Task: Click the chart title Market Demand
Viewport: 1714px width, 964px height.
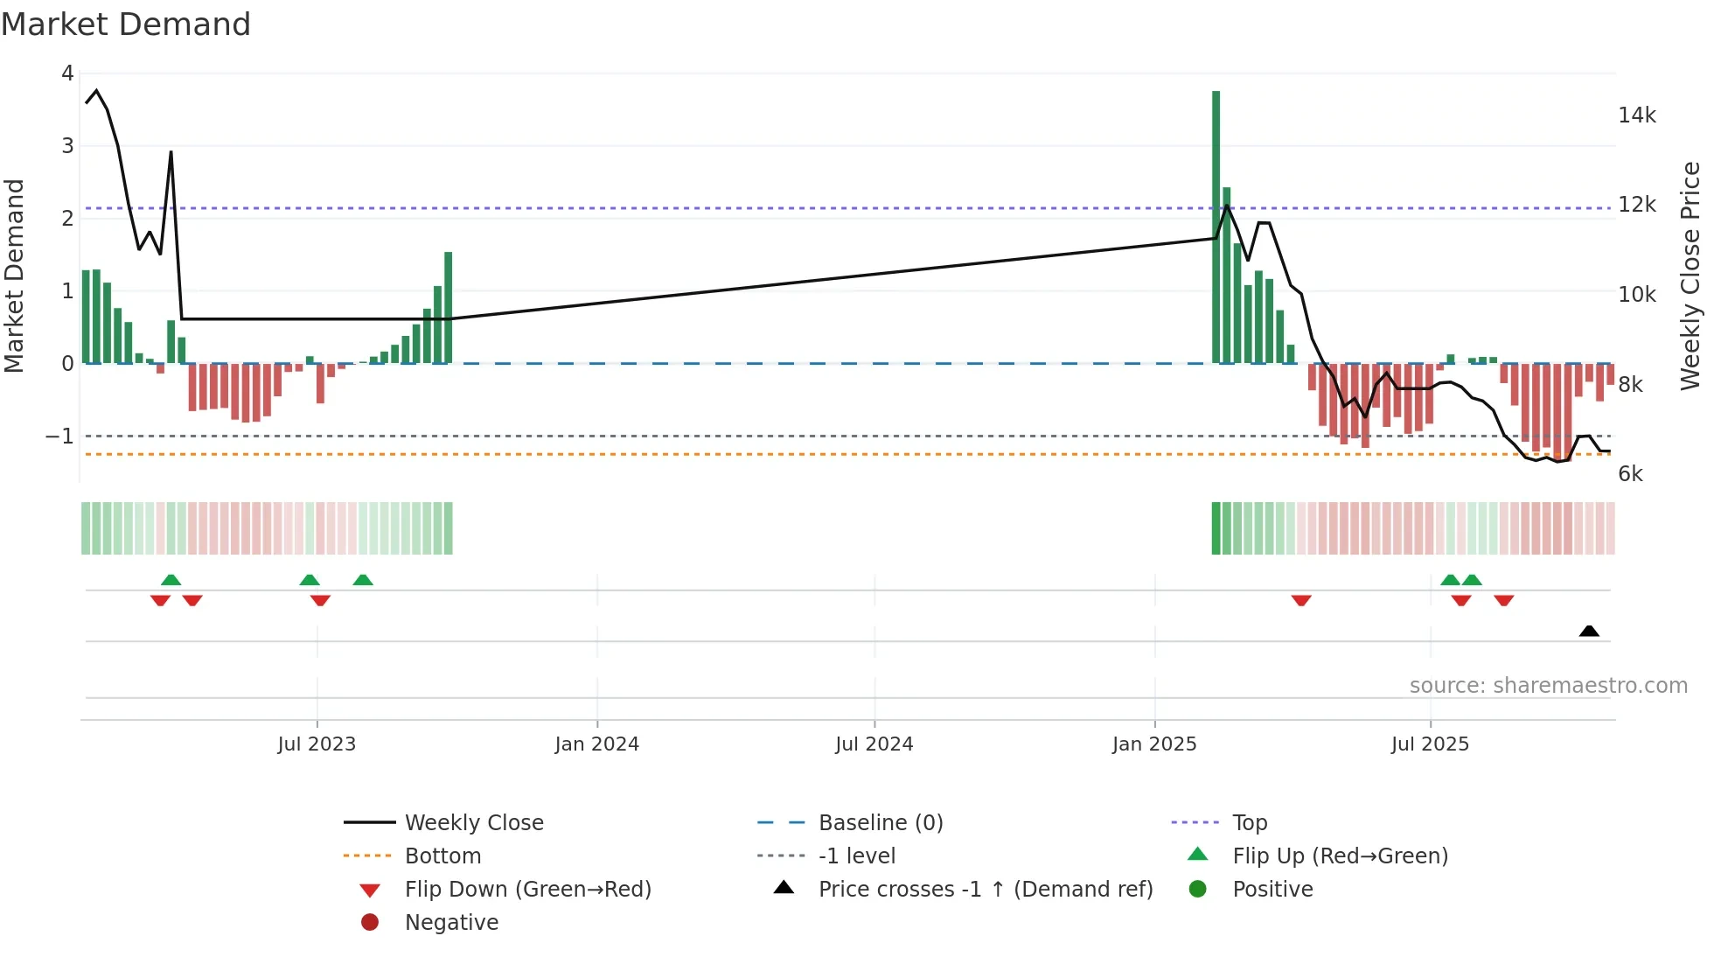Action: click(126, 24)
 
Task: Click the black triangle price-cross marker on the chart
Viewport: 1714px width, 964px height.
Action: click(1589, 631)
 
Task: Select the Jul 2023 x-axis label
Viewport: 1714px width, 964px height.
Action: click(317, 744)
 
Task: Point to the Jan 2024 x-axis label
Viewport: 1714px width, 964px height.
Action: click(597, 744)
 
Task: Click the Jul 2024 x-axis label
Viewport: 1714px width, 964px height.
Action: click(874, 744)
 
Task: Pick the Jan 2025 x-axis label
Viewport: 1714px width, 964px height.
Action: click(1154, 744)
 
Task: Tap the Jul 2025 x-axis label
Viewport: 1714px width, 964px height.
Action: click(1430, 744)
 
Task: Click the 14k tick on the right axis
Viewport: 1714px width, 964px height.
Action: click(1637, 115)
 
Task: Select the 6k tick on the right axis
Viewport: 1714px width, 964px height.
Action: click(1631, 474)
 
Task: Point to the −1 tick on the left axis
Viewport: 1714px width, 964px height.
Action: click(60, 436)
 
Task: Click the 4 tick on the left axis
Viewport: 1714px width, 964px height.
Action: click(67, 73)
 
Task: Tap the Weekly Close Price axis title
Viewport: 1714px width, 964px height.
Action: click(1691, 276)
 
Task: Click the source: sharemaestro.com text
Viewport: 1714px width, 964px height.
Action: click(1548, 686)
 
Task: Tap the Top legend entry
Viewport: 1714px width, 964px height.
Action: click(1250, 823)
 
